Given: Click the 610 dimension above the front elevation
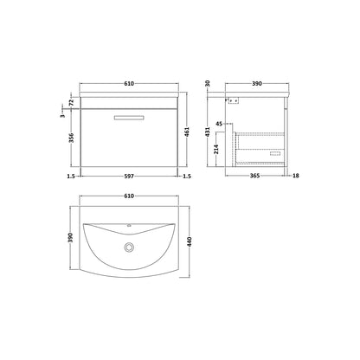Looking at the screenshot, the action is (129, 84).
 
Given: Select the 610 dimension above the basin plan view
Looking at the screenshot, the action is (129, 196).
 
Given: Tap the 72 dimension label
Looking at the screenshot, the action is (72, 102).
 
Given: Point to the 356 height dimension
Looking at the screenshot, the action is (72, 138).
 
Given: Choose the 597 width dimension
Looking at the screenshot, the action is (129, 176).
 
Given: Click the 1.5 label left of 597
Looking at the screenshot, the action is (71, 176).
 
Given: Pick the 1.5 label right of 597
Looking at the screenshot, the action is (187, 176).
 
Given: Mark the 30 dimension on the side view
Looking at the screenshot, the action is (208, 84).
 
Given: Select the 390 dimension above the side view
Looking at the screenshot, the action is (257, 84).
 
